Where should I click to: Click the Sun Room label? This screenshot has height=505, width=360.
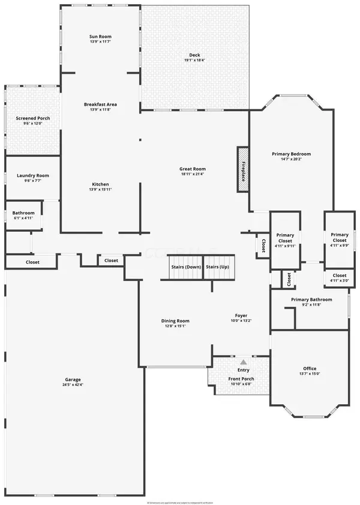tap(100, 37)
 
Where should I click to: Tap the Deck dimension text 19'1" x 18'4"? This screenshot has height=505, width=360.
tap(194, 61)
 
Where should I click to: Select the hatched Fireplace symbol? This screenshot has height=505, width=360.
tap(243, 170)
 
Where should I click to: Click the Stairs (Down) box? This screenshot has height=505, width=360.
tap(185, 267)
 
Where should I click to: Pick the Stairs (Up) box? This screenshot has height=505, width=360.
tap(217, 267)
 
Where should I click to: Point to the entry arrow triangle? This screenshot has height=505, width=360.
tap(243, 362)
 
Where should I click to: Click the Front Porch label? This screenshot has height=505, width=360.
tap(241, 379)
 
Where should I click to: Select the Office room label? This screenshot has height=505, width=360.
tap(310, 368)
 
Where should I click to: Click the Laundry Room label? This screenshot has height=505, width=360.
tap(33, 175)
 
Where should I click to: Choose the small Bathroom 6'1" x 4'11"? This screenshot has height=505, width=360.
tap(23, 216)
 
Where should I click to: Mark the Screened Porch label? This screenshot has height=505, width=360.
tap(33, 118)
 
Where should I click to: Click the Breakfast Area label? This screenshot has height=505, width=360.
tap(100, 104)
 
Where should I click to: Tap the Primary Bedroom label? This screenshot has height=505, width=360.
tap(291, 154)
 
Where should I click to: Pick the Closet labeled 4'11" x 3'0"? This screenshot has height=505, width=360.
tap(339, 277)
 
